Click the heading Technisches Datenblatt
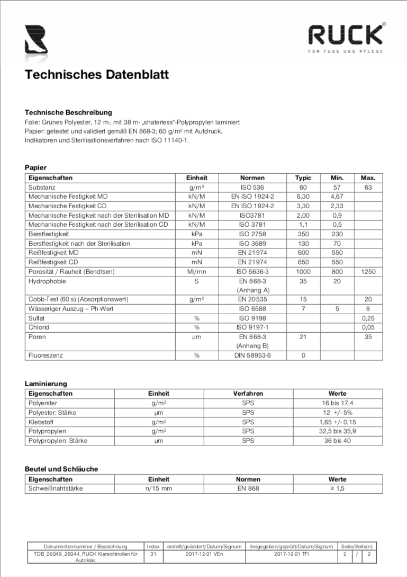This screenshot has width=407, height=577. pyautogui.click(x=97, y=75)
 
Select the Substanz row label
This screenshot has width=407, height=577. pyautogui.click(x=42, y=188)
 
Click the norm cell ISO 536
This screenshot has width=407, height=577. pyautogui.click(x=252, y=188)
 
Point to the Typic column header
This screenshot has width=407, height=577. pyautogui.click(x=303, y=178)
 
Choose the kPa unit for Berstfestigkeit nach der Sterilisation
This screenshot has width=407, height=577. pyautogui.click(x=196, y=244)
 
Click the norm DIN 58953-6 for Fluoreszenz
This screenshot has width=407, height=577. pyautogui.click(x=252, y=356)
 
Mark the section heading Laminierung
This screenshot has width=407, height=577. pyautogui.click(x=46, y=384)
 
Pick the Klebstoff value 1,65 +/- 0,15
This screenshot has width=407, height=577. pyautogui.click(x=337, y=422)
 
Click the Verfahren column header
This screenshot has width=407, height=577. pyautogui.click(x=248, y=394)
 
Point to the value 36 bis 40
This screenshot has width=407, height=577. pyautogui.click(x=337, y=441)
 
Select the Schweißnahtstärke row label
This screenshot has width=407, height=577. pyautogui.click(x=56, y=489)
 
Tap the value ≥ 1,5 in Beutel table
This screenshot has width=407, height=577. pyautogui.click(x=337, y=489)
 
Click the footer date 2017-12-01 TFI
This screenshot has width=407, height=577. pyautogui.click(x=291, y=554)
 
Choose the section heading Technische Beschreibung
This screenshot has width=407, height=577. pyautogui.click(x=68, y=113)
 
